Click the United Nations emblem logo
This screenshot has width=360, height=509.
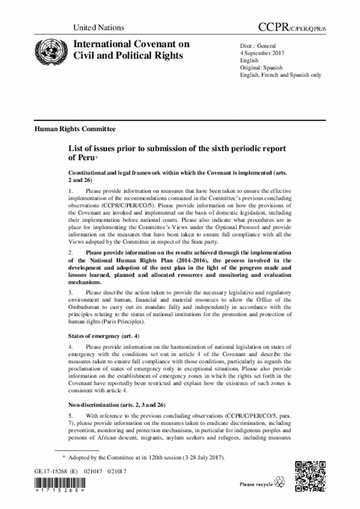coord(48,49)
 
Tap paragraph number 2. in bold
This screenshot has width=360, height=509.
coord(70,252)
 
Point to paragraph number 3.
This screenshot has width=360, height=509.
coord(70,292)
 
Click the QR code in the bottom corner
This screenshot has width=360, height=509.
coord(310,475)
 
